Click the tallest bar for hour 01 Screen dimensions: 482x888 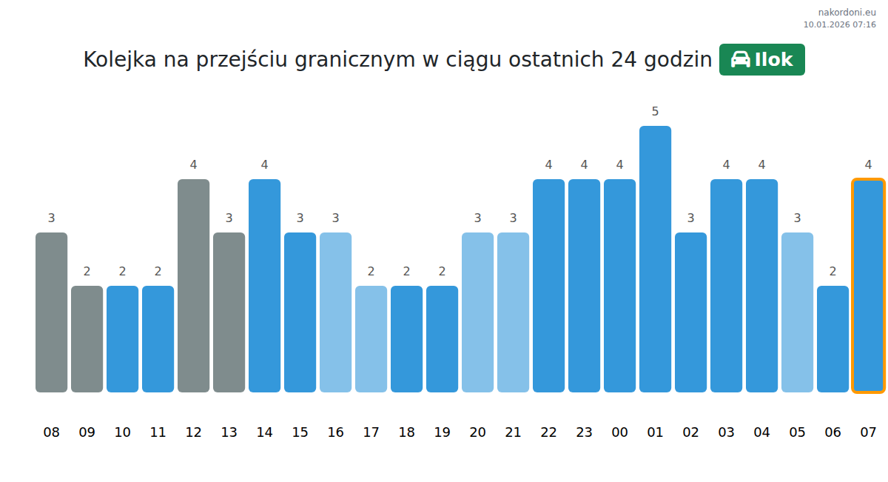tap(655, 259)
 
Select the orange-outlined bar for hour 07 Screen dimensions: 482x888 tap(868, 286)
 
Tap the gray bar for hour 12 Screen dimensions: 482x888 tap(193, 286)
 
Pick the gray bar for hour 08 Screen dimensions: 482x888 tap(51, 312)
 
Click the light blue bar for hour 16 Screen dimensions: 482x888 tap(335, 312)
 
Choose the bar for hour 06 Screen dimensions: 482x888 tap(832, 339)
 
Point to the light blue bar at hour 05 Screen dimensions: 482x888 tap(797, 312)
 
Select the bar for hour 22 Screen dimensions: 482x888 tap(548, 286)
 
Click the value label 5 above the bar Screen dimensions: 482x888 tap(655, 112)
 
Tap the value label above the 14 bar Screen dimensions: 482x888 tap(264, 165)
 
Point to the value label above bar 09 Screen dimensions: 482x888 tap(87, 272)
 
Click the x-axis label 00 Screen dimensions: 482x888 tap(619, 432)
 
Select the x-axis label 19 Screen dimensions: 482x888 tap(442, 432)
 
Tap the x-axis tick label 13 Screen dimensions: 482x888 tap(229, 432)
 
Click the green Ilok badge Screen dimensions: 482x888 tap(761, 60)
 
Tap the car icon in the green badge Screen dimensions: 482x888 tap(740, 60)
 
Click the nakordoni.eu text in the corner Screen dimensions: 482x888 tap(847, 13)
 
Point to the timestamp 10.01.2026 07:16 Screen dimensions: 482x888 tap(839, 24)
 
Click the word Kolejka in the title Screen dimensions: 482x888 tap(119, 60)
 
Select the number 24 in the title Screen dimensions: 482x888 tap(623, 60)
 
